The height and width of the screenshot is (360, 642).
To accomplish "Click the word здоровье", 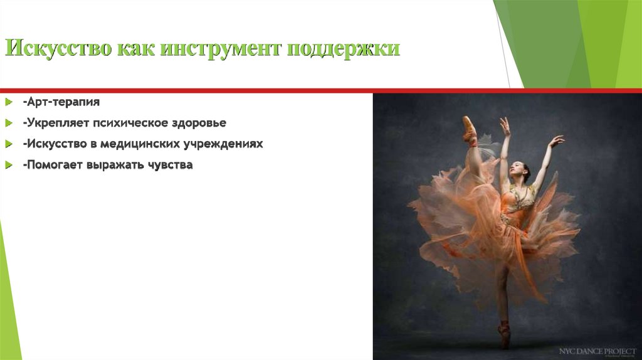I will (196, 122).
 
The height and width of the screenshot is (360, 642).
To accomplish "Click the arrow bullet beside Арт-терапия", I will (8, 101).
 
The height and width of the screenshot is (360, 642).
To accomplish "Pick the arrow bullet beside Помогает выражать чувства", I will (8, 165).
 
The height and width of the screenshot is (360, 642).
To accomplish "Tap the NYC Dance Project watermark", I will (597, 351).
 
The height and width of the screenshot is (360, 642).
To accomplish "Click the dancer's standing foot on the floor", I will (504, 336).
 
